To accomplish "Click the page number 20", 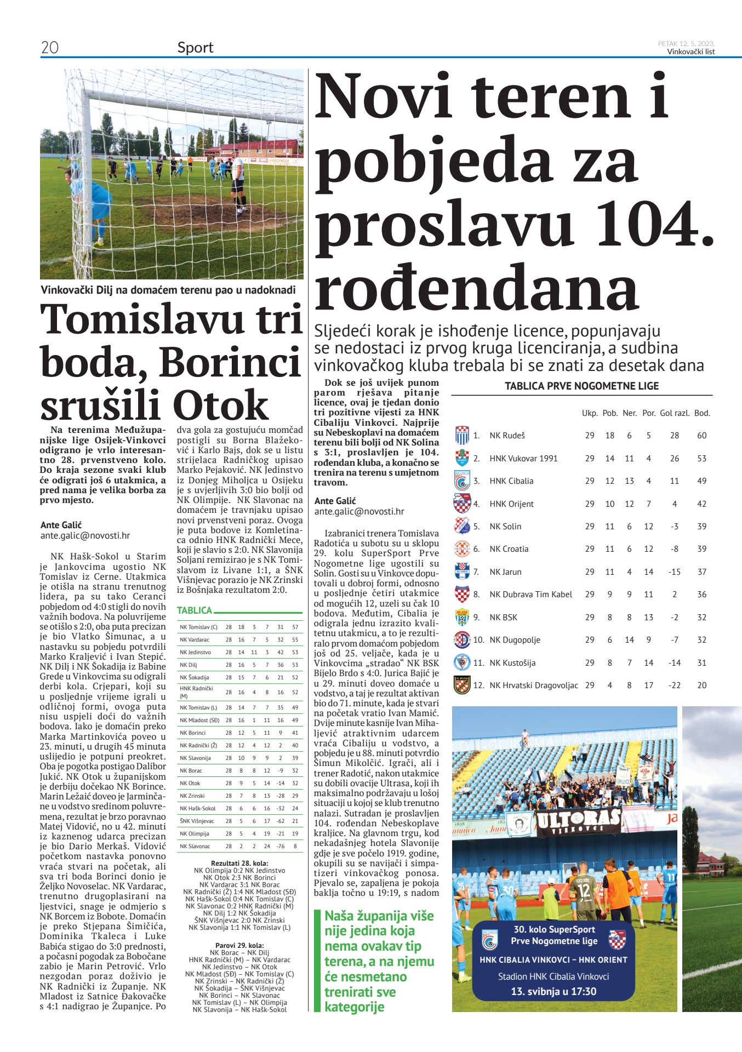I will pyautogui.click(x=50, y=48).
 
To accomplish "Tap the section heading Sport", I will pyautogui.click(x=195, y=48).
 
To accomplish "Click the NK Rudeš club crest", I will pyautogui.click(x=462, y=436).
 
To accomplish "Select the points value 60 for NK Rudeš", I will pyautogui.click(x=701, y=436).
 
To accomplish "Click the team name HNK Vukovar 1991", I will pyautogui.click(x=523, y=459).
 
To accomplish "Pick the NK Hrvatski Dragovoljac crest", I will pyautogui.click(x=462, y=685).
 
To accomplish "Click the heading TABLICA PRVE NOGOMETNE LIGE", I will pyautogui.click(x=581, y=386).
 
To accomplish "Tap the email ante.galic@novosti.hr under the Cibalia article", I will pyautogui.click(x=359, y=511).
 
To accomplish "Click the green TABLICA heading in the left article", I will pyautogui.click(x=195, y=610).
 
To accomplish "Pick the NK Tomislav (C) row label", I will pyautogui.click(x=198, y=627).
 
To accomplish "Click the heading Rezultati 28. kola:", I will pyautogui.click(x=239, y=864).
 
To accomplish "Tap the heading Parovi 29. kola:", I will pyautogui.click(x=239, y=946).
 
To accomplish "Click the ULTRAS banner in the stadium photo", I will pyautogui.click(x=578, y=822).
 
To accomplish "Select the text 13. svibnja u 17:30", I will pyautogui.click(x=553, y=991).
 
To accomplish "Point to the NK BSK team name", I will pyautogui.click(x=503, y=617).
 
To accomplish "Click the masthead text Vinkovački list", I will pyautogui.click(x=690, y=52).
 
